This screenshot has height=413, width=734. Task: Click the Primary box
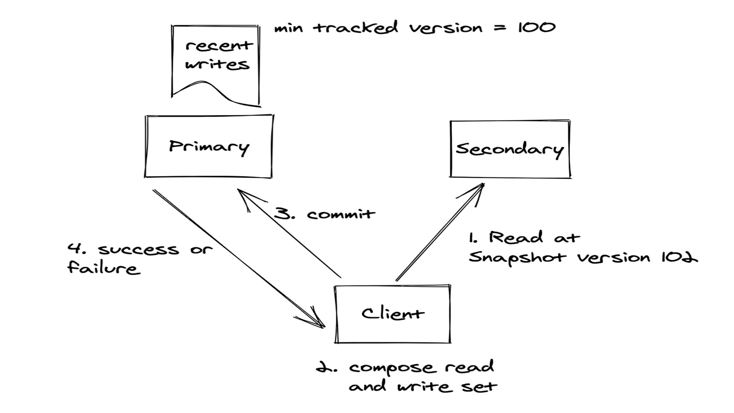[x=209, y=146]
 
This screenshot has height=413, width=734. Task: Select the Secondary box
[x=510, y=149]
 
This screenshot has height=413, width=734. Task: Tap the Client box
[x=392, y=314]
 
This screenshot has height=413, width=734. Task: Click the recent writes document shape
[x=216, y=62]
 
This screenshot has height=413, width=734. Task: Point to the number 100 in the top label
[x=536, y=28]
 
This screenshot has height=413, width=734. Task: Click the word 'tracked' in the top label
[x=356, y=28]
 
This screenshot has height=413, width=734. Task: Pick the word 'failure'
[x=104, y=268]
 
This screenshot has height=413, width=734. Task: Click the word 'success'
[x=139, y=250]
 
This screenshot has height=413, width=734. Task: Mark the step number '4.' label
[x=76, y=249]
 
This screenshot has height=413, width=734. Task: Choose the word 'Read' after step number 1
[x=516, y=237]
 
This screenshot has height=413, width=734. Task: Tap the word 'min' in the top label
[x=288, y=28]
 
